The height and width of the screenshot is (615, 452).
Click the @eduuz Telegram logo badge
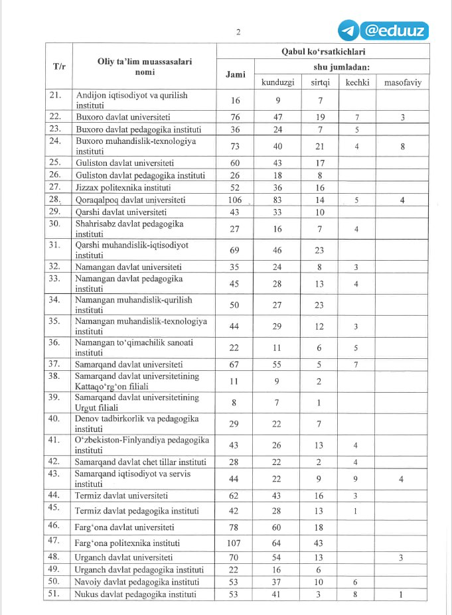tap(383, 31)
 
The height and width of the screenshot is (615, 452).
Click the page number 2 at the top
tap(237, 32)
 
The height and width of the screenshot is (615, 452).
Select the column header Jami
tap(235, 74)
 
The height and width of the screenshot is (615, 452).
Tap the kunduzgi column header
tap(277, 82)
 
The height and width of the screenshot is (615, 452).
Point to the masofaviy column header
tap(403, 82)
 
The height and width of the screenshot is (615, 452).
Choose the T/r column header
tap(58, 66)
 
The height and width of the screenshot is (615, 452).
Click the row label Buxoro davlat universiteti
tap(123, 116)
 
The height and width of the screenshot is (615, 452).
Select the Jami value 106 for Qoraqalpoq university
tap(235, 200)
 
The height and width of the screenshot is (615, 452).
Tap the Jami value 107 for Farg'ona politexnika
tap(235, 542)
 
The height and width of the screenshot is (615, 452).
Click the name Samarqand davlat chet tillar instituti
tap(141, 462)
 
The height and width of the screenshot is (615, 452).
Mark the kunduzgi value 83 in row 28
tap(278, 200)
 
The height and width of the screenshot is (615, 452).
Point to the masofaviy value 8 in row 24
tap(403, 147)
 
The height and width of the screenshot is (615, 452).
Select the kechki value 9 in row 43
tap(357, 479)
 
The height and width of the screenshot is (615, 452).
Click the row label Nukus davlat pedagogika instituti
tap(135, 594)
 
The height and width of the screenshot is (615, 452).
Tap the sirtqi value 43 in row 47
tap(319, 542)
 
